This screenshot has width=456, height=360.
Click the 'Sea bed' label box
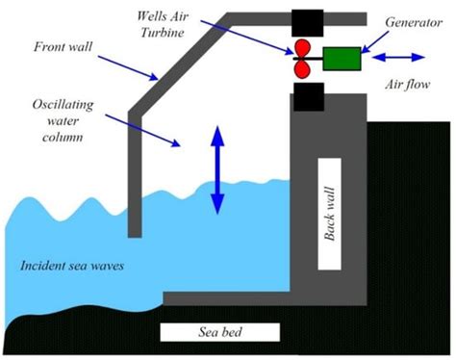pos(219,332)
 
